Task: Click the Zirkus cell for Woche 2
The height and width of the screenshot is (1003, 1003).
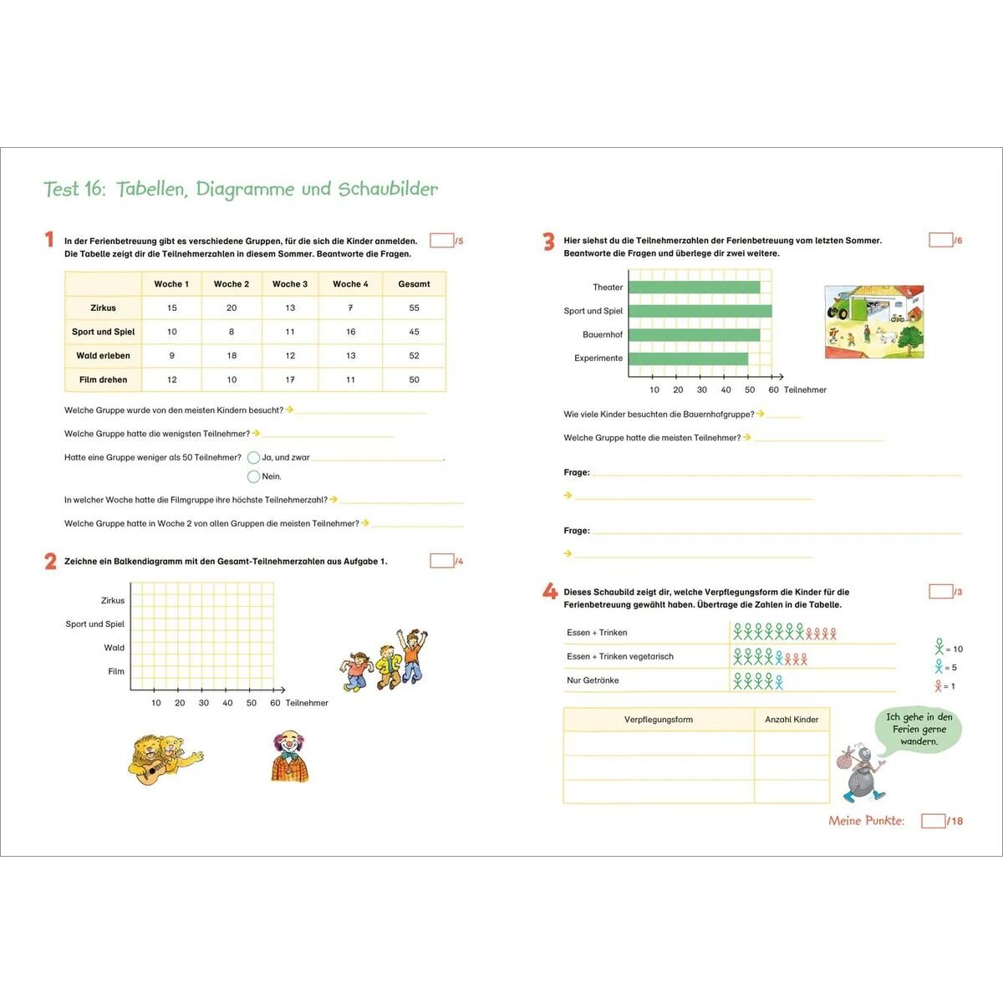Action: click(x=232, y=308)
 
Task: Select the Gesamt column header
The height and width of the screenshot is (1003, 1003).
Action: click(x=414, y=284)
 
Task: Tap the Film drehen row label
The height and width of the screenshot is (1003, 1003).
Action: click(x=104, y=379)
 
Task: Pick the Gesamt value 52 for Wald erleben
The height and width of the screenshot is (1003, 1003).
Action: click(x=414, y=355)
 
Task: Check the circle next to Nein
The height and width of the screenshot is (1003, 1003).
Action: click(x=253, y=476)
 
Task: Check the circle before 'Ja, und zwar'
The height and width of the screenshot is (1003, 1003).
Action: click(x=253, y=457)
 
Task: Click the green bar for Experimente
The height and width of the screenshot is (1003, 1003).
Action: click(x=688, y=359)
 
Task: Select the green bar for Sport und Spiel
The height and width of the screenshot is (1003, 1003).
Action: click(x=700, y=311)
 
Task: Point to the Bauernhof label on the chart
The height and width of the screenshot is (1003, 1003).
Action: click(x=603, y=334)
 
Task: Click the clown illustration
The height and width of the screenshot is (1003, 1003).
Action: click(x=289, y=756)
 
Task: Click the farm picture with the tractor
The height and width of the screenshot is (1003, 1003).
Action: click(x=873, y=322)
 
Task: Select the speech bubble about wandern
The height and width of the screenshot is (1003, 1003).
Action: click(x=919, y=729)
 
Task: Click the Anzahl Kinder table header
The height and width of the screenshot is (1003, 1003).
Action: click(x=792, y=720)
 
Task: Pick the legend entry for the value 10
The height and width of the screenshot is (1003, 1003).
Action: click(x=948, y=648)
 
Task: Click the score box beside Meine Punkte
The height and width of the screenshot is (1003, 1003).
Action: click(x=933, y=822)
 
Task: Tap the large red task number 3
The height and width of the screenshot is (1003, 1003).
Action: click(x=548, y=242)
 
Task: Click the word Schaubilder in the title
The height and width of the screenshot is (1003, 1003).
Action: click(x=388, y=189)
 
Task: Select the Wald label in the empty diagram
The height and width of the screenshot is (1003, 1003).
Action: click(x=115, y=648)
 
